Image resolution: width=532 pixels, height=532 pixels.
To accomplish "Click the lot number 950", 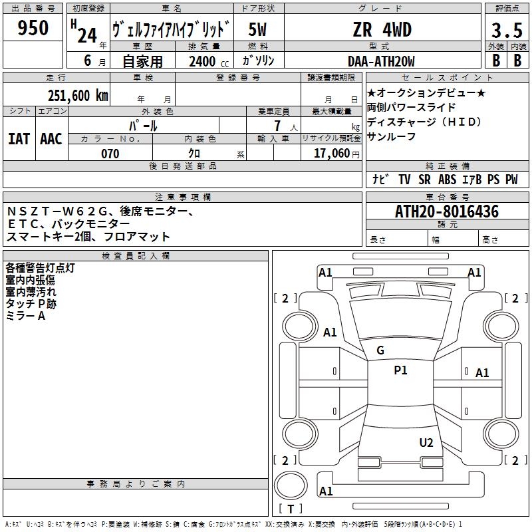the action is (33, 29).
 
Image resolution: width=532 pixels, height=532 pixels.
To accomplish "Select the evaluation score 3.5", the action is (506, 31).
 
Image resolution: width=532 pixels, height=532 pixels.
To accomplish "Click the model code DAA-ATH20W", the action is (381, 61).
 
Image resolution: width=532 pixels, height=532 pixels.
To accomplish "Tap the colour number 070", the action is (110, 154).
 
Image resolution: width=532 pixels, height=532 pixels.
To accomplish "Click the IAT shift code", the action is (19, 138).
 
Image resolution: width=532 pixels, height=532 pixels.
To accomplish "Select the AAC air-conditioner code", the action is (51, 138).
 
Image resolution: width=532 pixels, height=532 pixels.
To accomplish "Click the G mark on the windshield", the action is (380, 350).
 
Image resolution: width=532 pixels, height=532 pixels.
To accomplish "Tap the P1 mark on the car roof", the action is (400, 371).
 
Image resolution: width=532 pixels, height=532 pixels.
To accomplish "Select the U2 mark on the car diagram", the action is (426, 443).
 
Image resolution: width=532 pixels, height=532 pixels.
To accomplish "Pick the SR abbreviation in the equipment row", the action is (424, 180).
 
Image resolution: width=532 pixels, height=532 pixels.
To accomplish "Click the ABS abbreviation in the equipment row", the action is (448, 180).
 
